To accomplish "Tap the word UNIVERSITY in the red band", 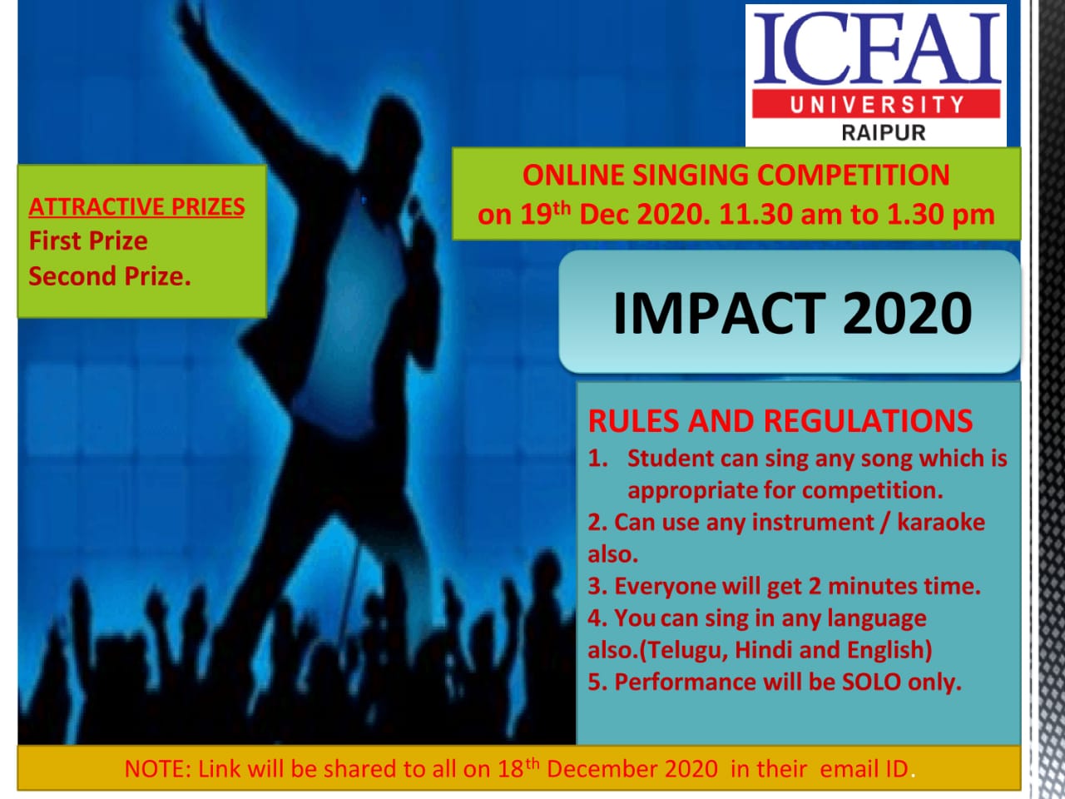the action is (876, 104).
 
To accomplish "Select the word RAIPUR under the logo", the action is (884, 132).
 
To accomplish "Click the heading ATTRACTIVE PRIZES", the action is (136, 207).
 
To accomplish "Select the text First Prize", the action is (88, 241).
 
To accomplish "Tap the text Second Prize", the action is (110, 276).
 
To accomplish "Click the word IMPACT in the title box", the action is (719, 313).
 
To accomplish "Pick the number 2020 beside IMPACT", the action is (907, 313).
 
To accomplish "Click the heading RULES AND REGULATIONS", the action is (780, 420).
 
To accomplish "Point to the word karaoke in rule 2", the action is (941, 522).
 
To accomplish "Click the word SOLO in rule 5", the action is (871, 682).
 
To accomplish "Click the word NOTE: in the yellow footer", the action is (158, 769).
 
